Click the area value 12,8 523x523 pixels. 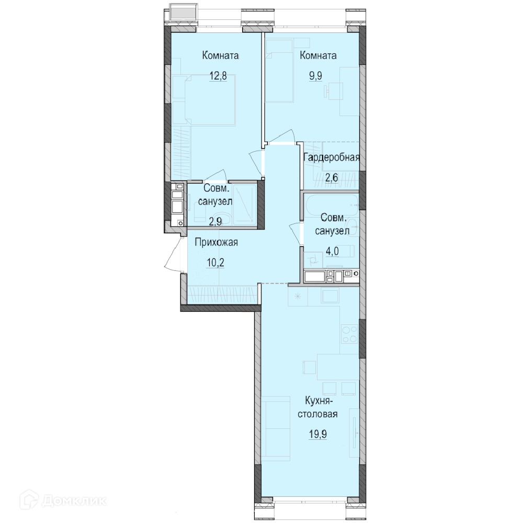[x=218, y=76]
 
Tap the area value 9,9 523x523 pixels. [x=315, y=76]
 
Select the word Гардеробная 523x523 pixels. [x=332, y=157]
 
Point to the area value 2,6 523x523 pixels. [x=332, y=177]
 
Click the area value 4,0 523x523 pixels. [x=332, y=251]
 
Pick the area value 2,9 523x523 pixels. [x=215, y=221]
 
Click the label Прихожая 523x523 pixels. [x=216, y=242]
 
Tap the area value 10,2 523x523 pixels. [x=215, y=263]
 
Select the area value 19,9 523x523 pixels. [x=317, y=434]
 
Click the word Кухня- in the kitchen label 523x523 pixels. [x=317, y=400]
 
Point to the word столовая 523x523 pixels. [x=317, y=414]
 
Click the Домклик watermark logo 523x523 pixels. [x=63, y=501]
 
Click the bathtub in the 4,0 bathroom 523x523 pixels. [x=331, y=204]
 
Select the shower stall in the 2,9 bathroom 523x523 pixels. [x=244, y=205]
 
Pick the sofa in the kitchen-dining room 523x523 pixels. [x=276, y=428]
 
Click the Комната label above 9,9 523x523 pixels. [x=318, y=55]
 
